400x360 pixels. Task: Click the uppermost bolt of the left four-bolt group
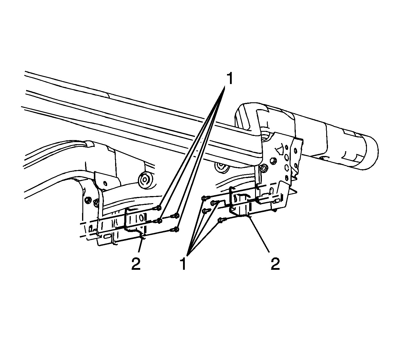pyautogui.click(x=158, y=208)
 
